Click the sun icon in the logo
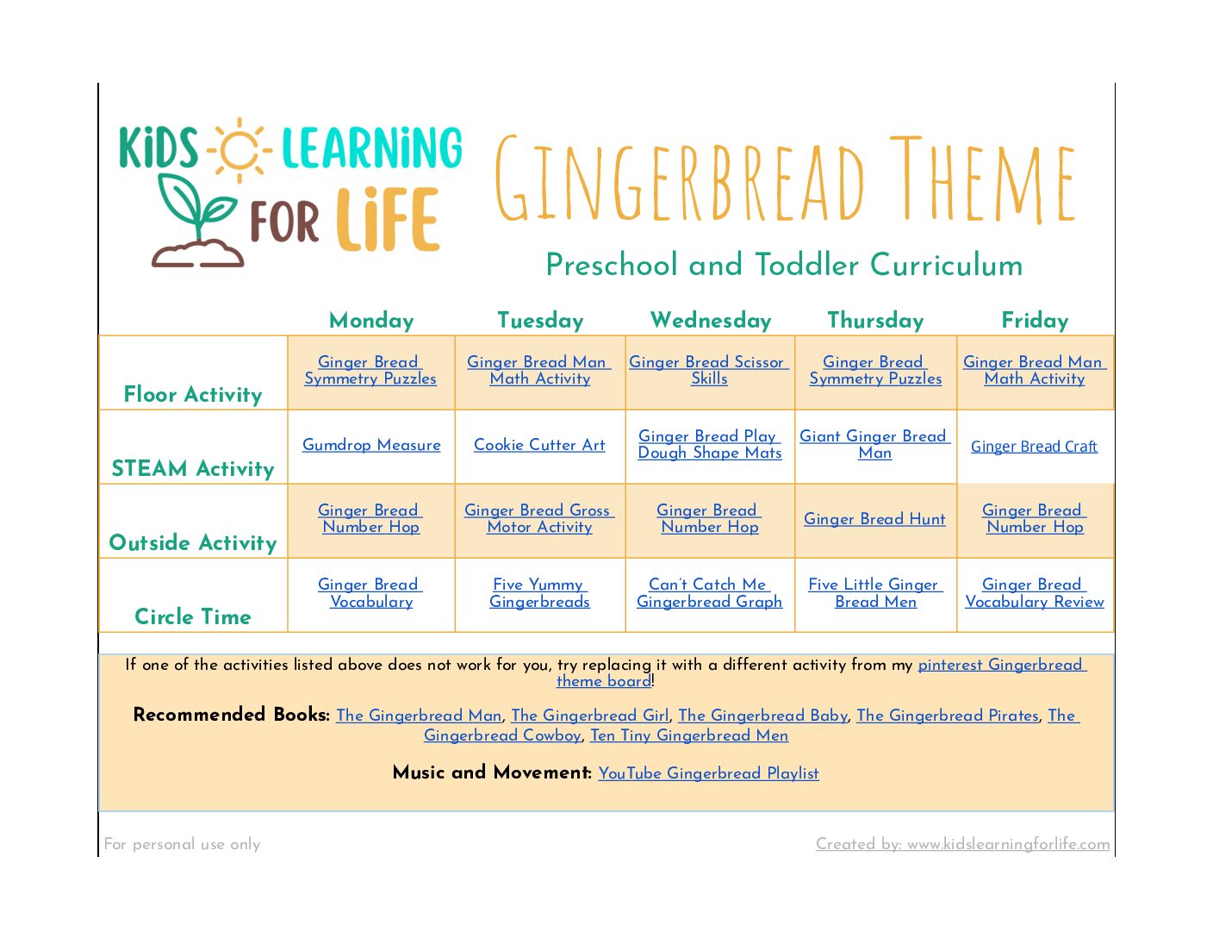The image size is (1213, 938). (x=239, y=150)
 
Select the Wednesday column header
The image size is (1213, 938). (x=710, y=320)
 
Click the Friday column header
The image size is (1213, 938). (x=1035, y=320)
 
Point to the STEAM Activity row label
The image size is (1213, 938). (x=193, y=468)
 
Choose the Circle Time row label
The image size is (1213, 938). (x=193, y=616)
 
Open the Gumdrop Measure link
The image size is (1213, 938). (x=371, y=445)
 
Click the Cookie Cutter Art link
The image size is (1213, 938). (x=539, y=445)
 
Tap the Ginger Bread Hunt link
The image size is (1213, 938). (x=874, y=519)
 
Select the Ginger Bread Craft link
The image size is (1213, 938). (x=1034, y=447)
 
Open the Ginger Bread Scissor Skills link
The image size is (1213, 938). (x=709, y=370)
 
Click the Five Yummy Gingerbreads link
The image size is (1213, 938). (x=539, y=593)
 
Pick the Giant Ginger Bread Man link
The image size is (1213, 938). (x=874, y=444)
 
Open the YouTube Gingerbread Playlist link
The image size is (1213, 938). (x=708, y=773)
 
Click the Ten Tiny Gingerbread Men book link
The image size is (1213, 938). (x=689, y=735)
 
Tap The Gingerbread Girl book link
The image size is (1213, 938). (x=589, y=715)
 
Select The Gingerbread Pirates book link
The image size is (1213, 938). (x=948, y=715)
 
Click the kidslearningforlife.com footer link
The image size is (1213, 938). (x=962, y=843)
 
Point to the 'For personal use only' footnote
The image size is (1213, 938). (x=182, y=843)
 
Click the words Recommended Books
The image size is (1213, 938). (x=231, y=715)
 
